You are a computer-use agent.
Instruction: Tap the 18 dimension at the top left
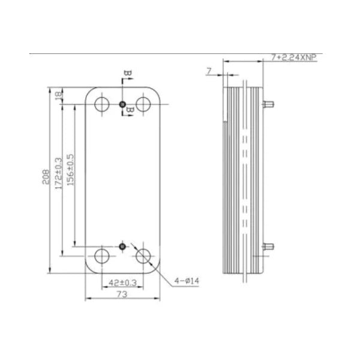(x=59, y=96)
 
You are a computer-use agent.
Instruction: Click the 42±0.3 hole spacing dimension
(x=122, y=282)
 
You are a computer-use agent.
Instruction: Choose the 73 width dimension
(x=122, y=295)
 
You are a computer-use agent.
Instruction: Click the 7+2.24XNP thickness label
(x=293, y=57)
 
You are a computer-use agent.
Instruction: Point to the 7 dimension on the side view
(x=209, y=71)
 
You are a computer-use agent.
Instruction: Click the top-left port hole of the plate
(x=102, y=104)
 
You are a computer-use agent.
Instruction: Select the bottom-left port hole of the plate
(x=102, y=256)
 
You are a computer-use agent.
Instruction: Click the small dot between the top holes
(x=122, y=105)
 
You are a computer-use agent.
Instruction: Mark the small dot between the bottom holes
(x=122, y=246)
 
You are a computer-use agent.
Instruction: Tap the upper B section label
(x=127, y=74)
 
